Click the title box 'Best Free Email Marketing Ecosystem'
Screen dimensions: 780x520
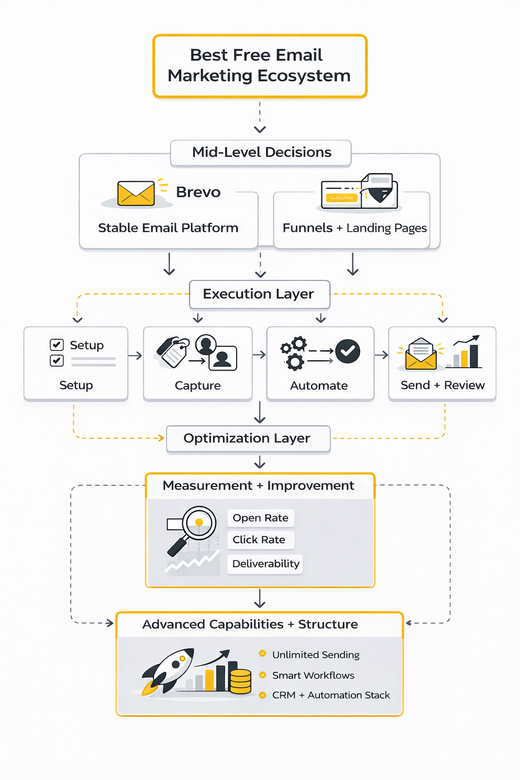[259, 66]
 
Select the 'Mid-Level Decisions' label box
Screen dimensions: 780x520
[261, 152]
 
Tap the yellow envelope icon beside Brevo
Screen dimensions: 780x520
[136, 193]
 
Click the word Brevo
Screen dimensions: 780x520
[198, 192]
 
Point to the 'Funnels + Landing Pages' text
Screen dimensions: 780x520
[354, 228]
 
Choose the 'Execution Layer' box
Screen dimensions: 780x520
[259, 294]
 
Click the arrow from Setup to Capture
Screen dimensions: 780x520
[135, 355]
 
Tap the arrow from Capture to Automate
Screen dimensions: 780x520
[259, 354]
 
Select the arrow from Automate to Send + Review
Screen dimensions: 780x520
[381, 355]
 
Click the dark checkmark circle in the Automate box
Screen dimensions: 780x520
[348, 351]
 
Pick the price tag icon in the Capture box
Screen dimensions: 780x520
[173, 351]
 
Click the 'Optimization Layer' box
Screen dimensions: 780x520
[248, 438]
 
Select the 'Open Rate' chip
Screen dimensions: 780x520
[261, 518]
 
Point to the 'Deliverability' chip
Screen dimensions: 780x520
[265, 564]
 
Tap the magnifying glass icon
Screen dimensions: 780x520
[193, 528]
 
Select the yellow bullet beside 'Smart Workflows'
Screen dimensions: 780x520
[263, 675]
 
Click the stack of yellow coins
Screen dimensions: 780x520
[241, 681]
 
